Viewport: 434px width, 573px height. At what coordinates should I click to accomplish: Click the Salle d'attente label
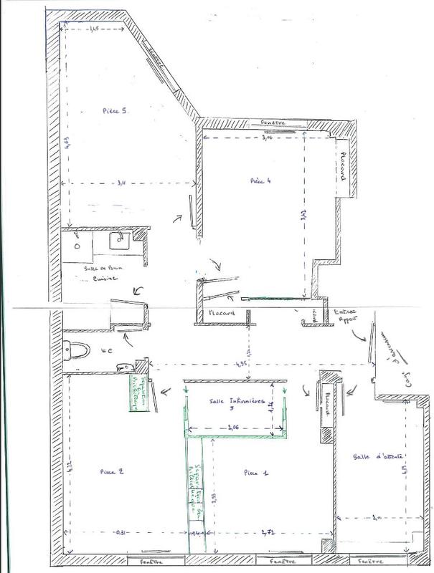[371, 456]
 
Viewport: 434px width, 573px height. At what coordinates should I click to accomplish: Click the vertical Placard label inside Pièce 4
[344, 166]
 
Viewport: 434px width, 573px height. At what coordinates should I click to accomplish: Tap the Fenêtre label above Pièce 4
[273, 122]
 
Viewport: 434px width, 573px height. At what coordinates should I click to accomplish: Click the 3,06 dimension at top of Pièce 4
[267, 138]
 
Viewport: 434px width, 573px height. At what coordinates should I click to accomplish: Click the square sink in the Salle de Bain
[118, 242]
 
